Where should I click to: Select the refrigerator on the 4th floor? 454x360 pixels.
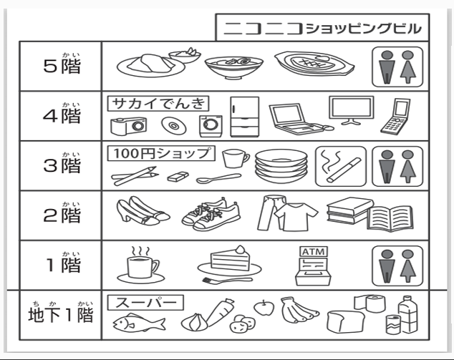(x=243, y=117)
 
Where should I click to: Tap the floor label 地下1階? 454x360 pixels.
(x=61, y=315)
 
